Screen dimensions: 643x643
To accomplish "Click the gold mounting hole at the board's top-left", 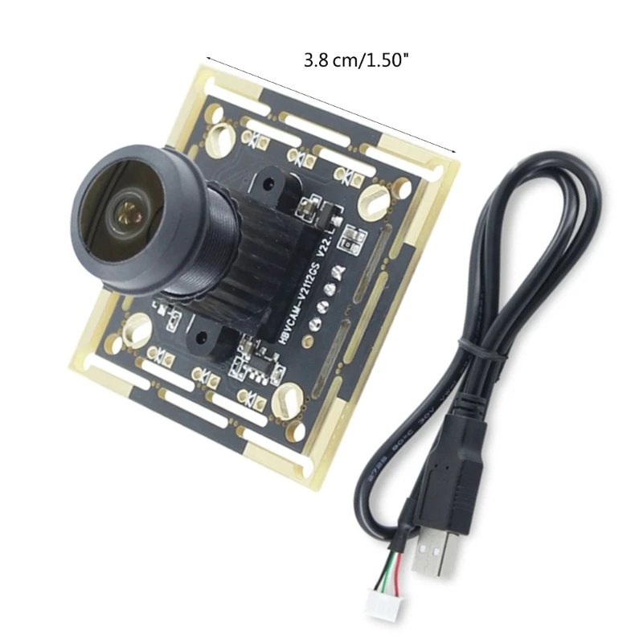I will tap(218, 137).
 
